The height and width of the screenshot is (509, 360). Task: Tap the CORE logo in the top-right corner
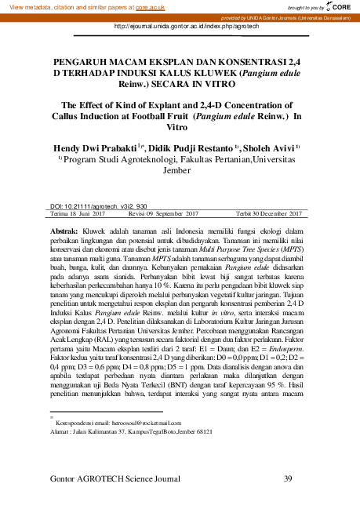point(340,6)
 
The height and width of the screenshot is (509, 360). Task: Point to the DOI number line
point(104,204)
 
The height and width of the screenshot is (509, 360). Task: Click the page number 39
point(288,478)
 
